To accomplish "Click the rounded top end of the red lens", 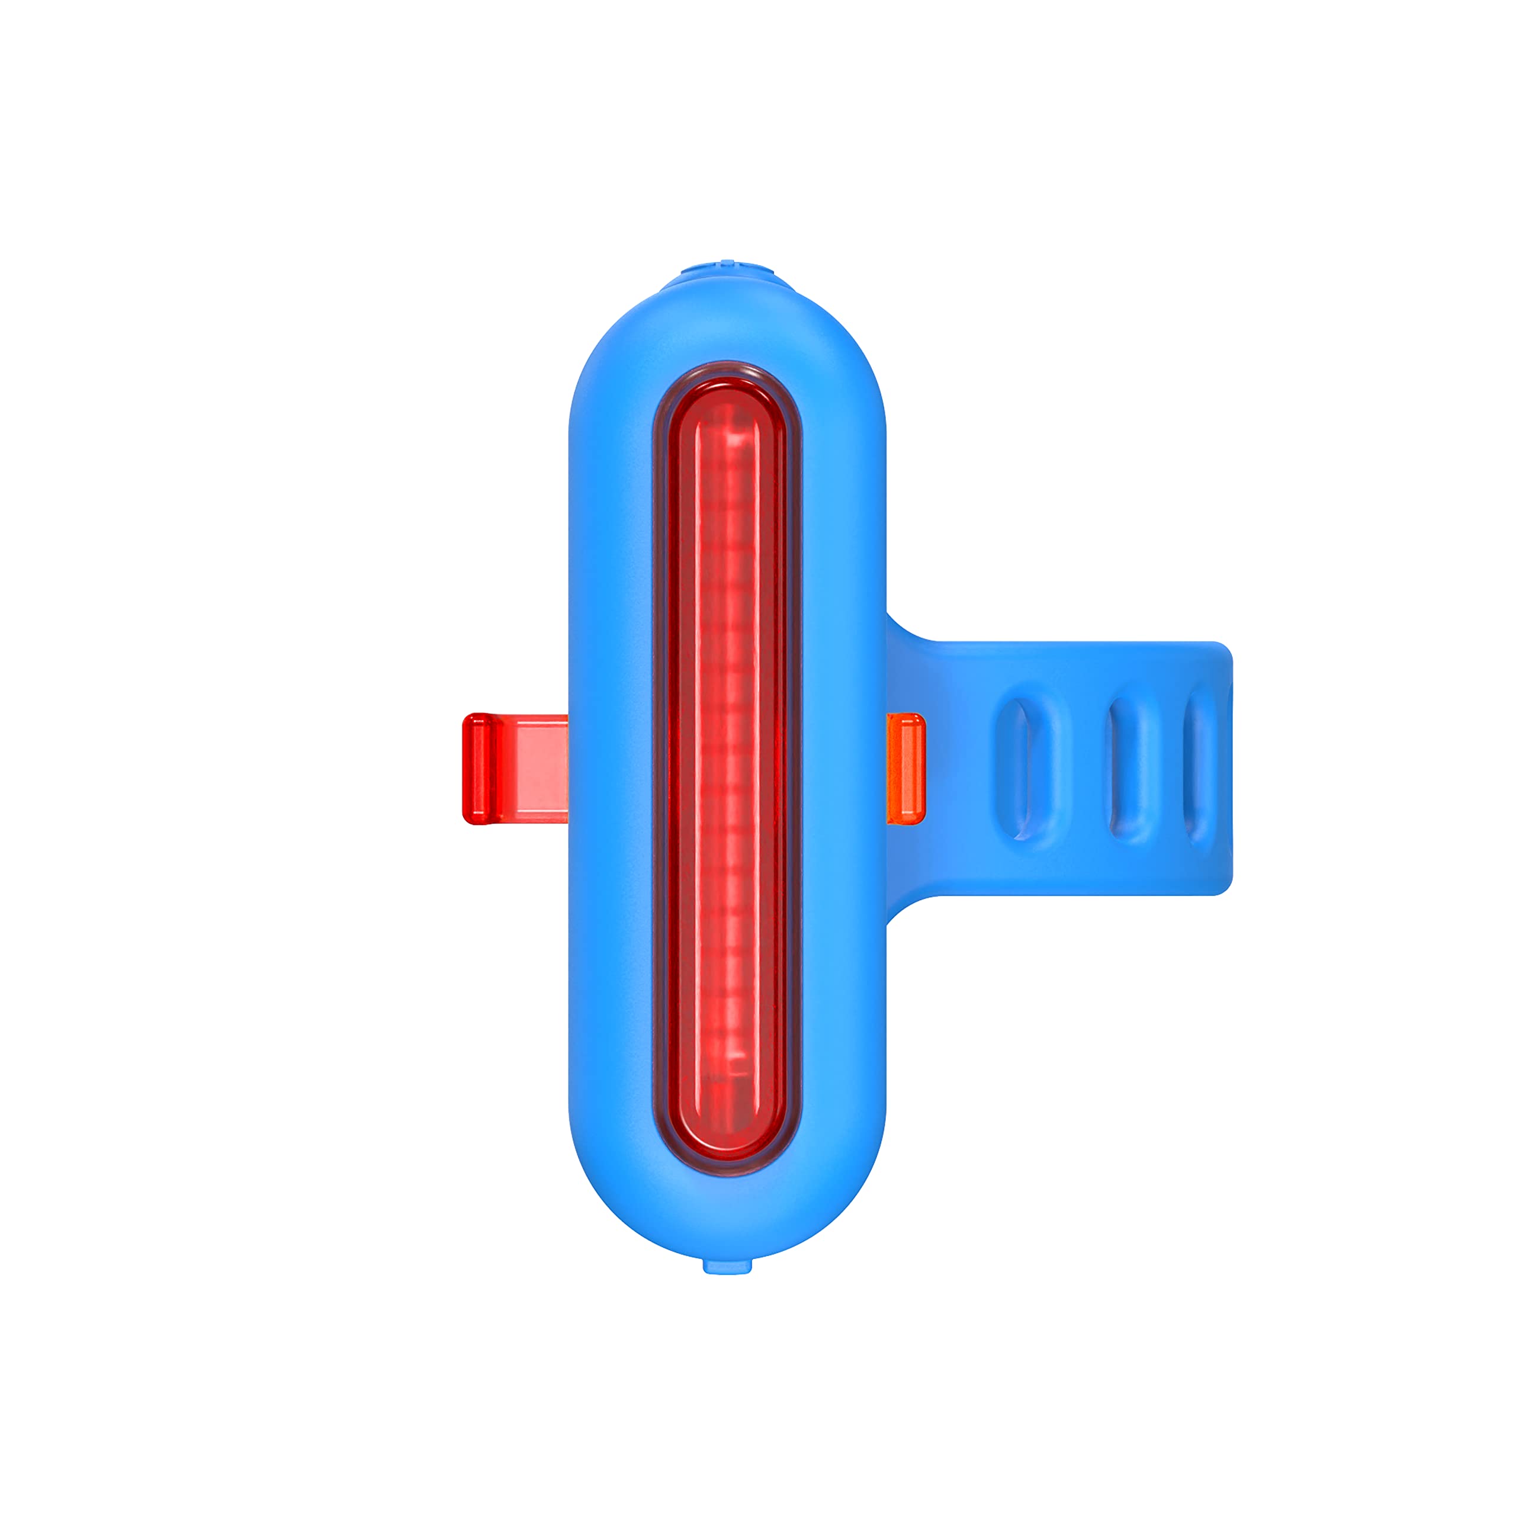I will (x=727, y=393).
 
